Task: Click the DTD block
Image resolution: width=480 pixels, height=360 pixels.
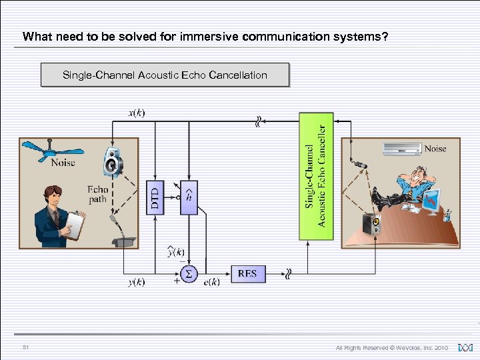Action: click(x=155, y=197)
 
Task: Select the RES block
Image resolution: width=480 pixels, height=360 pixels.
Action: click(x=247, y=273)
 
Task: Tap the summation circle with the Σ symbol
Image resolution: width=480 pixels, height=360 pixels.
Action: click(x=189, y=273)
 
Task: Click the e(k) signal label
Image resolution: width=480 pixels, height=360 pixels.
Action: click(x=211, y=283)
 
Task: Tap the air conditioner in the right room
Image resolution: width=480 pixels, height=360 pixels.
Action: click(x=401, y=149)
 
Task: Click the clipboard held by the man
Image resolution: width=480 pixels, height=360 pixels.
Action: click(x=75, y=225)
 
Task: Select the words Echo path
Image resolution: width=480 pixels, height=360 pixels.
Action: click(x=97, y=194)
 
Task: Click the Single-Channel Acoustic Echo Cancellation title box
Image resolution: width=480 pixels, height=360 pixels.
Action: click(x=165, y=75)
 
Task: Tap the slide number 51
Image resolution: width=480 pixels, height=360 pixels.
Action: click(x=25, y=347)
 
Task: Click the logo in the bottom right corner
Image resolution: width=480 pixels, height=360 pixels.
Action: click(x=465, y=347)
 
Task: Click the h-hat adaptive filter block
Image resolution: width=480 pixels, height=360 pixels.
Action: click(x=189, y=197)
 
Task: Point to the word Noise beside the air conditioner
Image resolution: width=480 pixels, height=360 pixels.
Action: click(x=436, y=149)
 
